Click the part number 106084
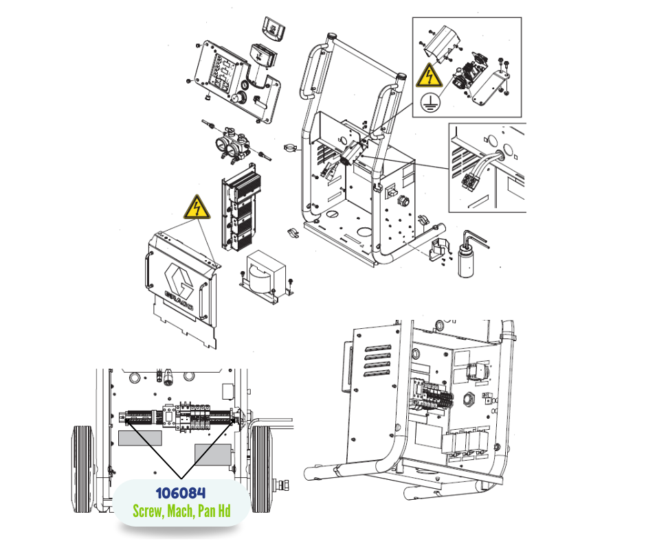pyautogui.click(x=181, y=493)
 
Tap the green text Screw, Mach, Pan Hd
pyautogui.click(x=181, y=511)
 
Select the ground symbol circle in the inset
pyautogui.click(x=430, y=102)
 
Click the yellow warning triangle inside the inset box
pyautogui.click(x=429, y=76)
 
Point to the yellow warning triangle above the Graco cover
pyautogui.click(x=197, y=207)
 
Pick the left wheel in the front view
pyautogui.click(x=83, y=470)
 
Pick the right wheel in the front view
pyautogui.click(x=261, y=470)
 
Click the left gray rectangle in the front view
pyautogui.click(x=140, y=438)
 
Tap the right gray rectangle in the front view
pyautogui.click(x=212, y=454)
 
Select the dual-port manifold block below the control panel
pyautogui.click(x=232, y=144)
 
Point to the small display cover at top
pyautogui.click(x=274, y=29)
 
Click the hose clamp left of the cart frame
pyautogui.click(x=291, y=148)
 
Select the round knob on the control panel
pyautogui.click(x=238, y=99)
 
